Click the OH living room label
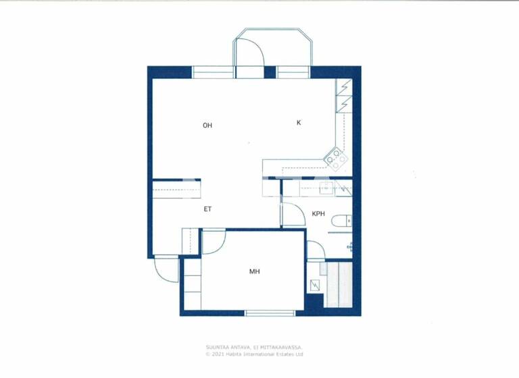tap(207, 126)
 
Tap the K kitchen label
tap(299, 122)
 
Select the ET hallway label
tap(208, 209)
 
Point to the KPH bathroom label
tap(318, 214)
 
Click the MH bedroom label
tap(255, 272)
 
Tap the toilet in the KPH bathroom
tap(345, 219)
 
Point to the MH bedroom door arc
tap(213, 242)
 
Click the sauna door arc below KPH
tap(315, 250)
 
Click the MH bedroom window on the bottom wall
tap(270, 313)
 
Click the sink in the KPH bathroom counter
tap(322, 187)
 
